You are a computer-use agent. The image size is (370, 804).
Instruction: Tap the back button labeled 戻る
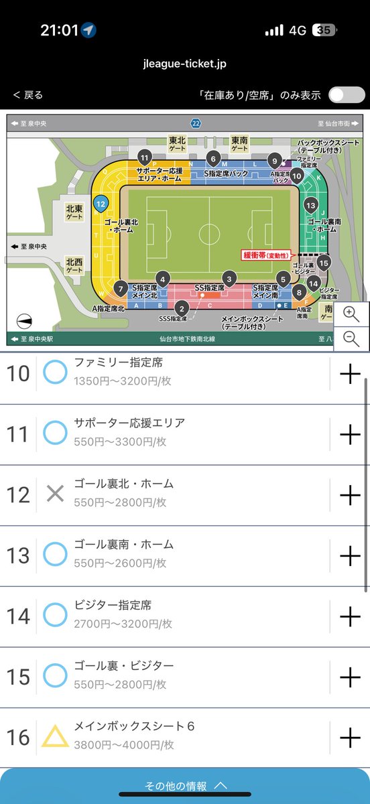(28, 95)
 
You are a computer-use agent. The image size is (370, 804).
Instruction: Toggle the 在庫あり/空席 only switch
(346, 95)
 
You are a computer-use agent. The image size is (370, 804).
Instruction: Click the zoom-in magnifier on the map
(351, 313)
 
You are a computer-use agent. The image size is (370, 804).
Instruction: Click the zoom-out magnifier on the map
(351, 338)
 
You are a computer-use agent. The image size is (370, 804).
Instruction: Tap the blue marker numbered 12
(101, 203)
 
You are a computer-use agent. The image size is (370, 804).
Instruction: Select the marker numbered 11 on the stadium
(144, 158)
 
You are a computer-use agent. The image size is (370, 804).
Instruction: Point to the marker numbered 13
(310, 205)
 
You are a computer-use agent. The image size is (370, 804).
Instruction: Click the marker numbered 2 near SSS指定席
(181, 308)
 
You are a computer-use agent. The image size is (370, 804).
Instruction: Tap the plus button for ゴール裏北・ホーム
(350, 495)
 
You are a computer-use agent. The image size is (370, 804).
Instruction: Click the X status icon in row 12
(55, 495)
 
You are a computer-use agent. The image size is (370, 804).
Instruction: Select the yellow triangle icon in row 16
(55, 738)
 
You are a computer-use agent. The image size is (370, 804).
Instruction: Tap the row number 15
(18, 677)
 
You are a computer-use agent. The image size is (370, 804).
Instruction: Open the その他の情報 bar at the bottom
(185, 785)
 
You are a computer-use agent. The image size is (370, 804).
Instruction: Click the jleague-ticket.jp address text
(185, 64)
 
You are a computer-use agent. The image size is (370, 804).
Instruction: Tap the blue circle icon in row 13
(55, 555)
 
